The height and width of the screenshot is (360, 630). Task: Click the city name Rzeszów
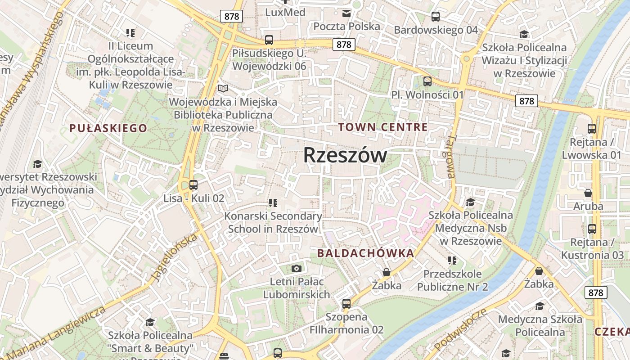click(345, 155)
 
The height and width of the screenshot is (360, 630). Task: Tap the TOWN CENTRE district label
click(383, 127)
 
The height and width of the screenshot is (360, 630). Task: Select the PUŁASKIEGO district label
click(108, 128)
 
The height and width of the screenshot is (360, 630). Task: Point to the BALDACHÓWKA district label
click(365, 253)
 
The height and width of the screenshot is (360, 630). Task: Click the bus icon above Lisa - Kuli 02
click(193, 184)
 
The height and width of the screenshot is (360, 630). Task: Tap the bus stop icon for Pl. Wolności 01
click(427, 81)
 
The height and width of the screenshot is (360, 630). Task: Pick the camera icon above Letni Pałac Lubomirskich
click(296, 269)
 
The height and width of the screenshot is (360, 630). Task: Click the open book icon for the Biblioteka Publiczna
click(223, 88)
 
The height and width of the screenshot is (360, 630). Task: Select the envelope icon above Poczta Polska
click(346, 13)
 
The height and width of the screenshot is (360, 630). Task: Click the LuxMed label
click(285, 12)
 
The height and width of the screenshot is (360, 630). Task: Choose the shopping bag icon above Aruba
click(588, 193)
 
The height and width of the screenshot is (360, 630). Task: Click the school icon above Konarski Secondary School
click(273, 203)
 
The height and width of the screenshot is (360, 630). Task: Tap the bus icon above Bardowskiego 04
click(435, 17)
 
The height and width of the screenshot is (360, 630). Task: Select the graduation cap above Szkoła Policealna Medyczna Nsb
click(471, 202)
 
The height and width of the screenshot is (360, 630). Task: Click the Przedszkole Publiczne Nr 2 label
click(452, 280)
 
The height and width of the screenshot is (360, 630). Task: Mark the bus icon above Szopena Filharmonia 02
click(346, 303)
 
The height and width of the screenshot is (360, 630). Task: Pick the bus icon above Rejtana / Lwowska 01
click(592, 129)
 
